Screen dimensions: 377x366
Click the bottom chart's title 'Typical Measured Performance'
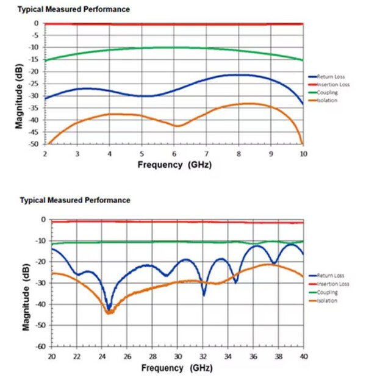[75, 200]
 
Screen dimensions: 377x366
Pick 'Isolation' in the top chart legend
[328, 100]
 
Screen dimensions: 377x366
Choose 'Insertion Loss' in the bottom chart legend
[333, 284]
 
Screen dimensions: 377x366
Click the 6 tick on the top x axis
[174, 154]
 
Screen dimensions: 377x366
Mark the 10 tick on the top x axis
[303, 154]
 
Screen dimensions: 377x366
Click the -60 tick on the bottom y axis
[41, 346]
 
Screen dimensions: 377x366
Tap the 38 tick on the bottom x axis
[278, 355]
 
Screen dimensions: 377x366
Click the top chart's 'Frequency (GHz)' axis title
[174, 165]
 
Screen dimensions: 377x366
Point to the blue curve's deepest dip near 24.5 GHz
[109, 308]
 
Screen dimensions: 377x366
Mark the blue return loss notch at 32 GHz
[204, 295]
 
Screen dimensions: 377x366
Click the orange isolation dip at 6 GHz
[177, 126]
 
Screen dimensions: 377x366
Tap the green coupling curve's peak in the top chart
[174, 47]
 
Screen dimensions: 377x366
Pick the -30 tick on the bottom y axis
[41, 282]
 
